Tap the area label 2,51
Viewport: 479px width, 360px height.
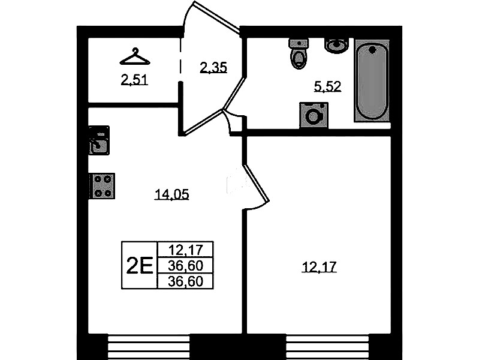[x=134, y=80]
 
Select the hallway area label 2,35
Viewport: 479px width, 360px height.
[x=213, y=67]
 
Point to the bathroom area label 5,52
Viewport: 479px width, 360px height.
[x=327, y=86]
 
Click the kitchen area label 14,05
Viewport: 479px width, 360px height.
[x=172, y=194]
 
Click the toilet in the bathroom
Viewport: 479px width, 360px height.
[x=298, y=53]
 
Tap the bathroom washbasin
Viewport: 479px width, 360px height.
[x=336, y=46]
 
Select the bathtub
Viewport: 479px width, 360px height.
[x=372, y=81]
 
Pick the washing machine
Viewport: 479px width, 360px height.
[x=314, y=115]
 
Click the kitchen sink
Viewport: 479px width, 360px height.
[x=99, y=140]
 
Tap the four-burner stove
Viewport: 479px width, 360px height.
[x=102, y=186]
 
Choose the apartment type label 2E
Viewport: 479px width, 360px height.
[x=139, y=265]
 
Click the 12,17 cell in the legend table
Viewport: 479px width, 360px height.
[x=185, y=250]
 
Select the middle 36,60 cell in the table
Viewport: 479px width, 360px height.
[x=185, y=265]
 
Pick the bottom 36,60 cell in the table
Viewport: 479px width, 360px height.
[x=185, y=281]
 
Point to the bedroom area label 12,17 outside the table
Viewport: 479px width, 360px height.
[x=319, y=267]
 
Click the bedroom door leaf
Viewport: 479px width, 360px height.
[x=257, y=184]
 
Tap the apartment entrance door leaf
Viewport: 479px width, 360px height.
[x=217, y=17]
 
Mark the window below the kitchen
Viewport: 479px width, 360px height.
[x=149, y=347]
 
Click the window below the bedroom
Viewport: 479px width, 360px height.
[x=327, y=347]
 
